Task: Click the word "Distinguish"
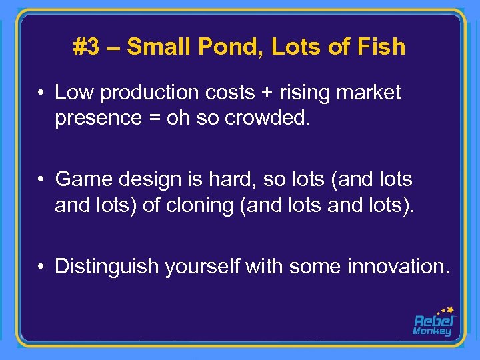coord(107,266)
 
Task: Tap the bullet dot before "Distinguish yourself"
coord(41,267)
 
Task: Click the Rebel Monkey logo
coord(433,321)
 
